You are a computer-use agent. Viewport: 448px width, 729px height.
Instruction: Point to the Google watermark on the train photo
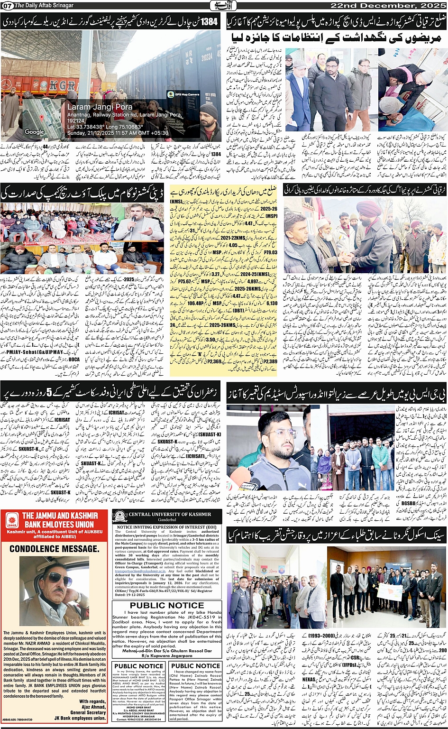point(34,132)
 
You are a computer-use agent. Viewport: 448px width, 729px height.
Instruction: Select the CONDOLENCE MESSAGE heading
point(55,549)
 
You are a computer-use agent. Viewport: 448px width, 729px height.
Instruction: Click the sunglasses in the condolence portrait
point(59,579)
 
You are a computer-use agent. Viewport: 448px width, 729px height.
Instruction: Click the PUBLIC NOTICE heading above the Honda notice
point(167,605)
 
